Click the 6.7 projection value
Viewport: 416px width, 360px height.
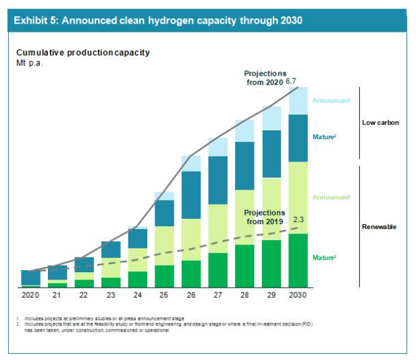pyautogui.click(x=292, y=81)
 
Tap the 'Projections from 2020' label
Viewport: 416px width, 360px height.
pyautogui.click(x=265, y=77)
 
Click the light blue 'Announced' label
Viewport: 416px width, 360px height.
pyautogui.click(x=331, y=101)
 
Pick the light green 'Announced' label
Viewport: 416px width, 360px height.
pyautogui.click(x=331, y=197)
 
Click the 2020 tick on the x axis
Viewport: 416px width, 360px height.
pyautogui.click(x=30, y=296)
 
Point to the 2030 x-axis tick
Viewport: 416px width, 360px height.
pyautogui.click(x=298, y=296)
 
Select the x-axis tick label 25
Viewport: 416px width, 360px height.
pyautogui.click(x=164, y=296)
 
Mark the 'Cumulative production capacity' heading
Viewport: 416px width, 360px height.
pyautogui.click(x=83, y=53)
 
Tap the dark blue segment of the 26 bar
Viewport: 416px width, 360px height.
pyautogui.click(x=191, y=195)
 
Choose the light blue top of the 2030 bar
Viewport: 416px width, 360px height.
pyautogui.click(x=298, y=101)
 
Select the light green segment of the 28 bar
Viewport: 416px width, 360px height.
pyautogui.click(x=244, y=217)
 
